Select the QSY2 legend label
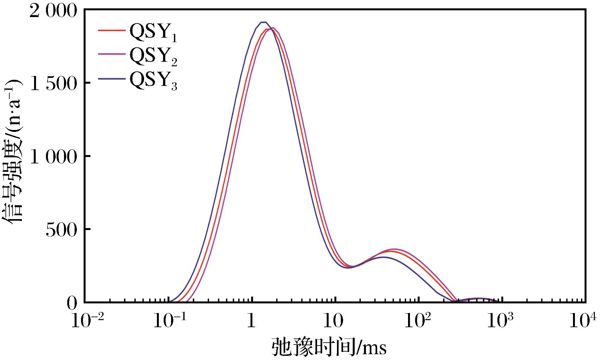[153, 57]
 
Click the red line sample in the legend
[111, 30]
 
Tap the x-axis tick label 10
[335, 321]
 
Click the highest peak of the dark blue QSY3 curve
[263, 22]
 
